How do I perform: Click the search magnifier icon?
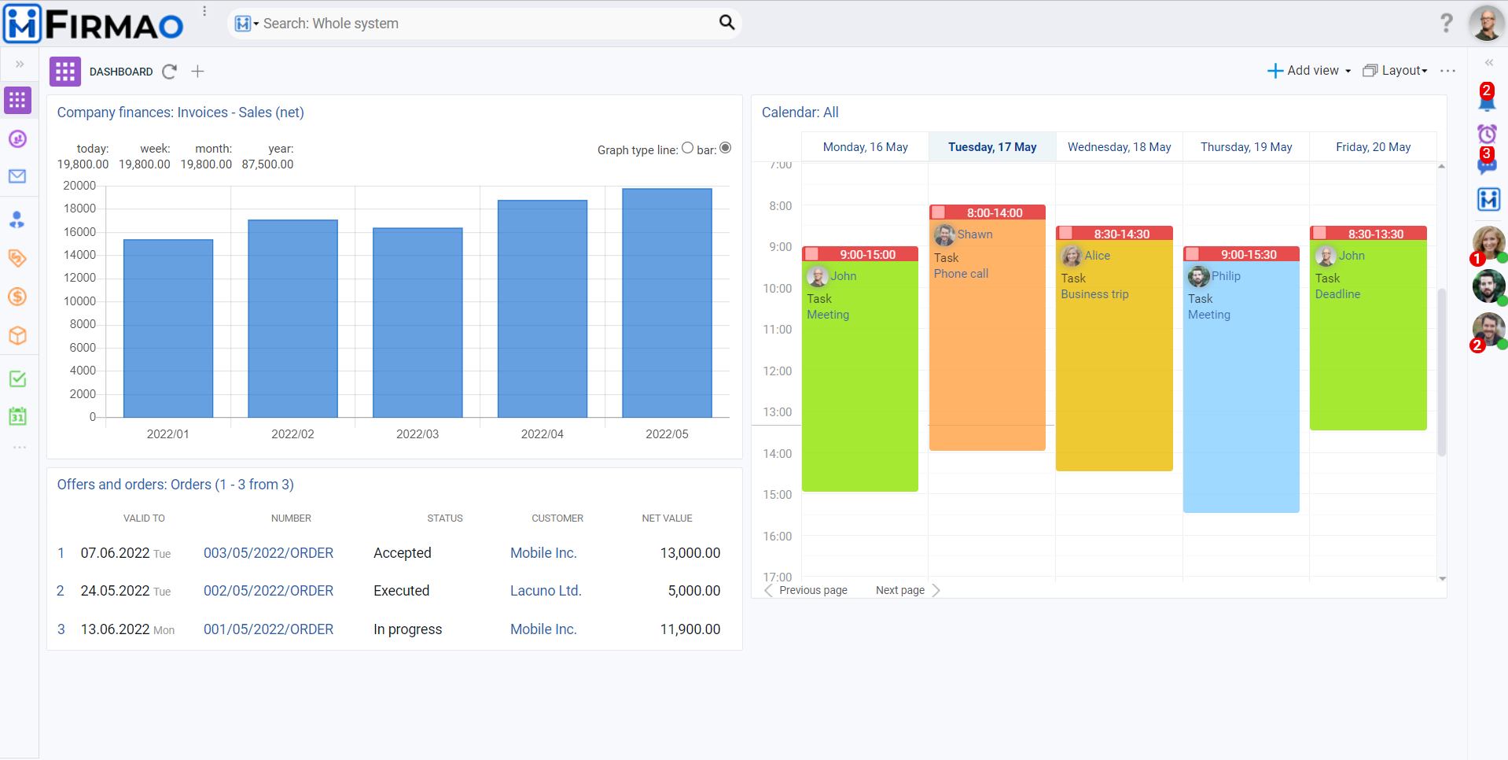726,23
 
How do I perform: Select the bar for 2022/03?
417,323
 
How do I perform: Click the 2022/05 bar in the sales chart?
667,303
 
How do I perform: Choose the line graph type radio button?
687,148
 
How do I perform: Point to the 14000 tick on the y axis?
79,255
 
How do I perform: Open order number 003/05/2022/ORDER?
268,553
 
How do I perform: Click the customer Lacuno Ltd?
546,591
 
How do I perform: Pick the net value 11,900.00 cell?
690,629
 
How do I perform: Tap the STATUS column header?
444,518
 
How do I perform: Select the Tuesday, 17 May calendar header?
991,147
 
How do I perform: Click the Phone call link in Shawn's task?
961,274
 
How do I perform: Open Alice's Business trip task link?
1094,294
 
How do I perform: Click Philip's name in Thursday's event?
1225,276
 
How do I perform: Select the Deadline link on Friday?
1337,294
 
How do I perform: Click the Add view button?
1309,71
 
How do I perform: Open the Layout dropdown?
1396,71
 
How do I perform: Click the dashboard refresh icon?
169,72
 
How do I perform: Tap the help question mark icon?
1446,23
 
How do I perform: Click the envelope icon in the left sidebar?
17,176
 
